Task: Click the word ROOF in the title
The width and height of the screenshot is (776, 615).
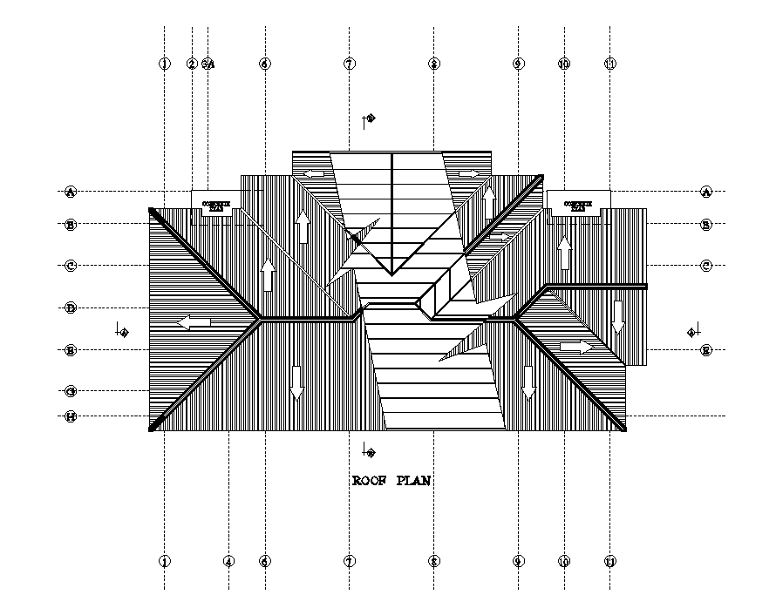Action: click(370, 481)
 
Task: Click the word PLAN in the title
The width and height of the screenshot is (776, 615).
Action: click(413, 481)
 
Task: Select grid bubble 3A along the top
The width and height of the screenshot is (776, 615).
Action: click(208, 64)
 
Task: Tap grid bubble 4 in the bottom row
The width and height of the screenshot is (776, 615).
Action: click(228, 562)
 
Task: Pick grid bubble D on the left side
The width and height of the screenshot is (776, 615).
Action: click(71, 307)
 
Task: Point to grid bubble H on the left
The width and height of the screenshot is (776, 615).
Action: click(71, 416)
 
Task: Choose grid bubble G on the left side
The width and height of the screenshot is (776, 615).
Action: click(71, 391)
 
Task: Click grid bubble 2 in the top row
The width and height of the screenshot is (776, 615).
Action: click(192, 64)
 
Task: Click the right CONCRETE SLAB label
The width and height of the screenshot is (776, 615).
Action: click(577, 206)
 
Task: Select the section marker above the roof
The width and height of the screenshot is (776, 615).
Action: click(370, 118)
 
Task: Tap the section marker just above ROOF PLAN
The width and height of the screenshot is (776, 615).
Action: click(370, 451)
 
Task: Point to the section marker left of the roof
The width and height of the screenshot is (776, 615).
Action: click(122, 331)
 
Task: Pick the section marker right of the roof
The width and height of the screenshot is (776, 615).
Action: click(693, 331)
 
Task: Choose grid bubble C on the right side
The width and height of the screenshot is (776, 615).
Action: click(706, 266)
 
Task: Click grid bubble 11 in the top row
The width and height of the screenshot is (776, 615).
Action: click(610, 64)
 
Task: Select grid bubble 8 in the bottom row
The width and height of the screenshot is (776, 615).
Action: click(433, 562)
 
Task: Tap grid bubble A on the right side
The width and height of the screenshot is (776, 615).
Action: click(706, 192)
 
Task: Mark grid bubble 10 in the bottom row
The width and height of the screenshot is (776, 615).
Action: click(564, 562)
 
